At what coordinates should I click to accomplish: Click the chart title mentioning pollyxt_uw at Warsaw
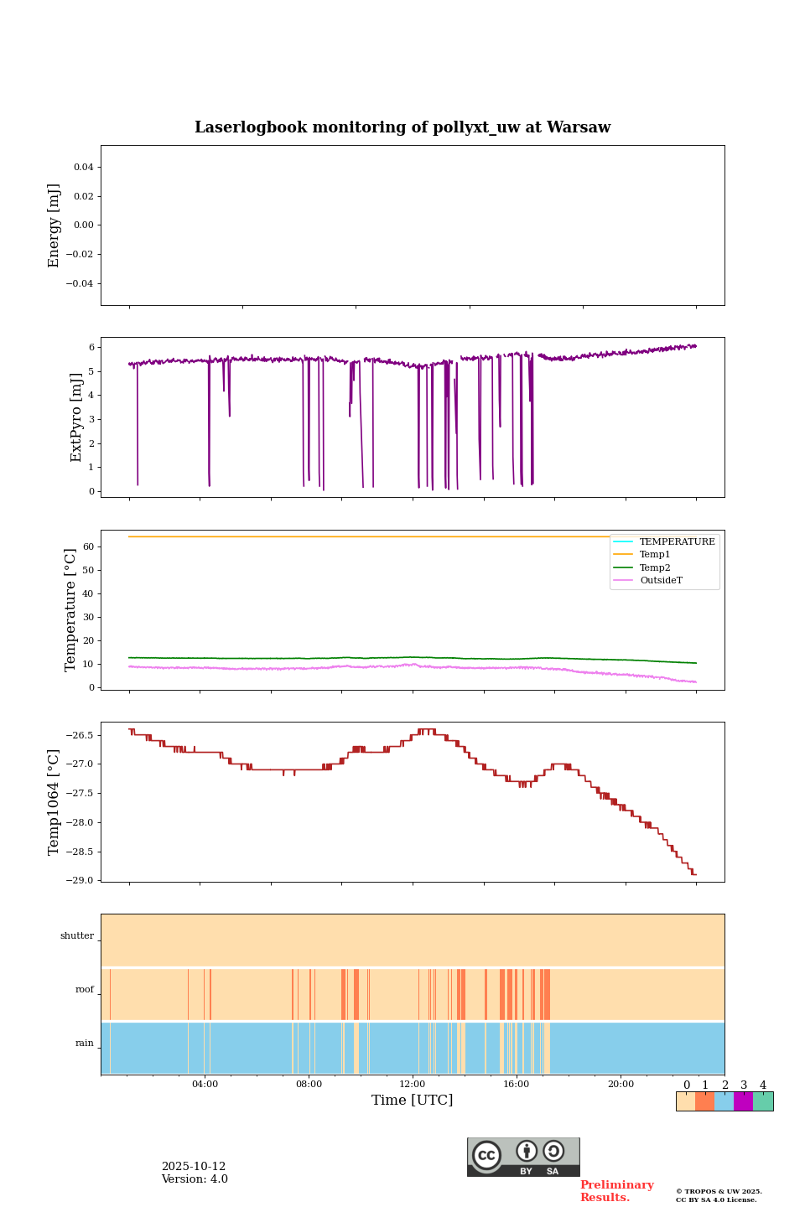(402, 127)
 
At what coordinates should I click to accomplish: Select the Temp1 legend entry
(655, 555)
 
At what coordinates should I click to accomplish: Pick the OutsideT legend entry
(661, 581)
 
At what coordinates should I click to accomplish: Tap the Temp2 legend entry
(655, 567)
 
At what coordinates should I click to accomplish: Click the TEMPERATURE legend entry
(677, 542)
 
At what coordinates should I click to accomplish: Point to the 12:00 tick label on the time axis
(413, 1085)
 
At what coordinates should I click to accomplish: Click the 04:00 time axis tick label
(205, 1085)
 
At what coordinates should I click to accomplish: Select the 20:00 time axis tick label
(621, 1085)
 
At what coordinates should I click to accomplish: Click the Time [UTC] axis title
(413, 1101)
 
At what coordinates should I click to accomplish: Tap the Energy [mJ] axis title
(55, 225)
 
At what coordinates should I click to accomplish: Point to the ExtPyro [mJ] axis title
(76, 417)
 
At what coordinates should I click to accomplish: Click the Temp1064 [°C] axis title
(55, 802)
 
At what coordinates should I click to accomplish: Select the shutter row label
(77, 936)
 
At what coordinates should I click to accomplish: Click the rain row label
(85, 1044)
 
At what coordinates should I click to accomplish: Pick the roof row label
(85, 990)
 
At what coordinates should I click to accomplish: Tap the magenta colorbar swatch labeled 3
(743, 1101)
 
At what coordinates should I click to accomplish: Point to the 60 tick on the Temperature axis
(87, 547)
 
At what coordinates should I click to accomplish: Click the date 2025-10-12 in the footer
(194, 1167)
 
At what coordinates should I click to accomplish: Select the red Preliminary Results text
(616, 1191)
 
